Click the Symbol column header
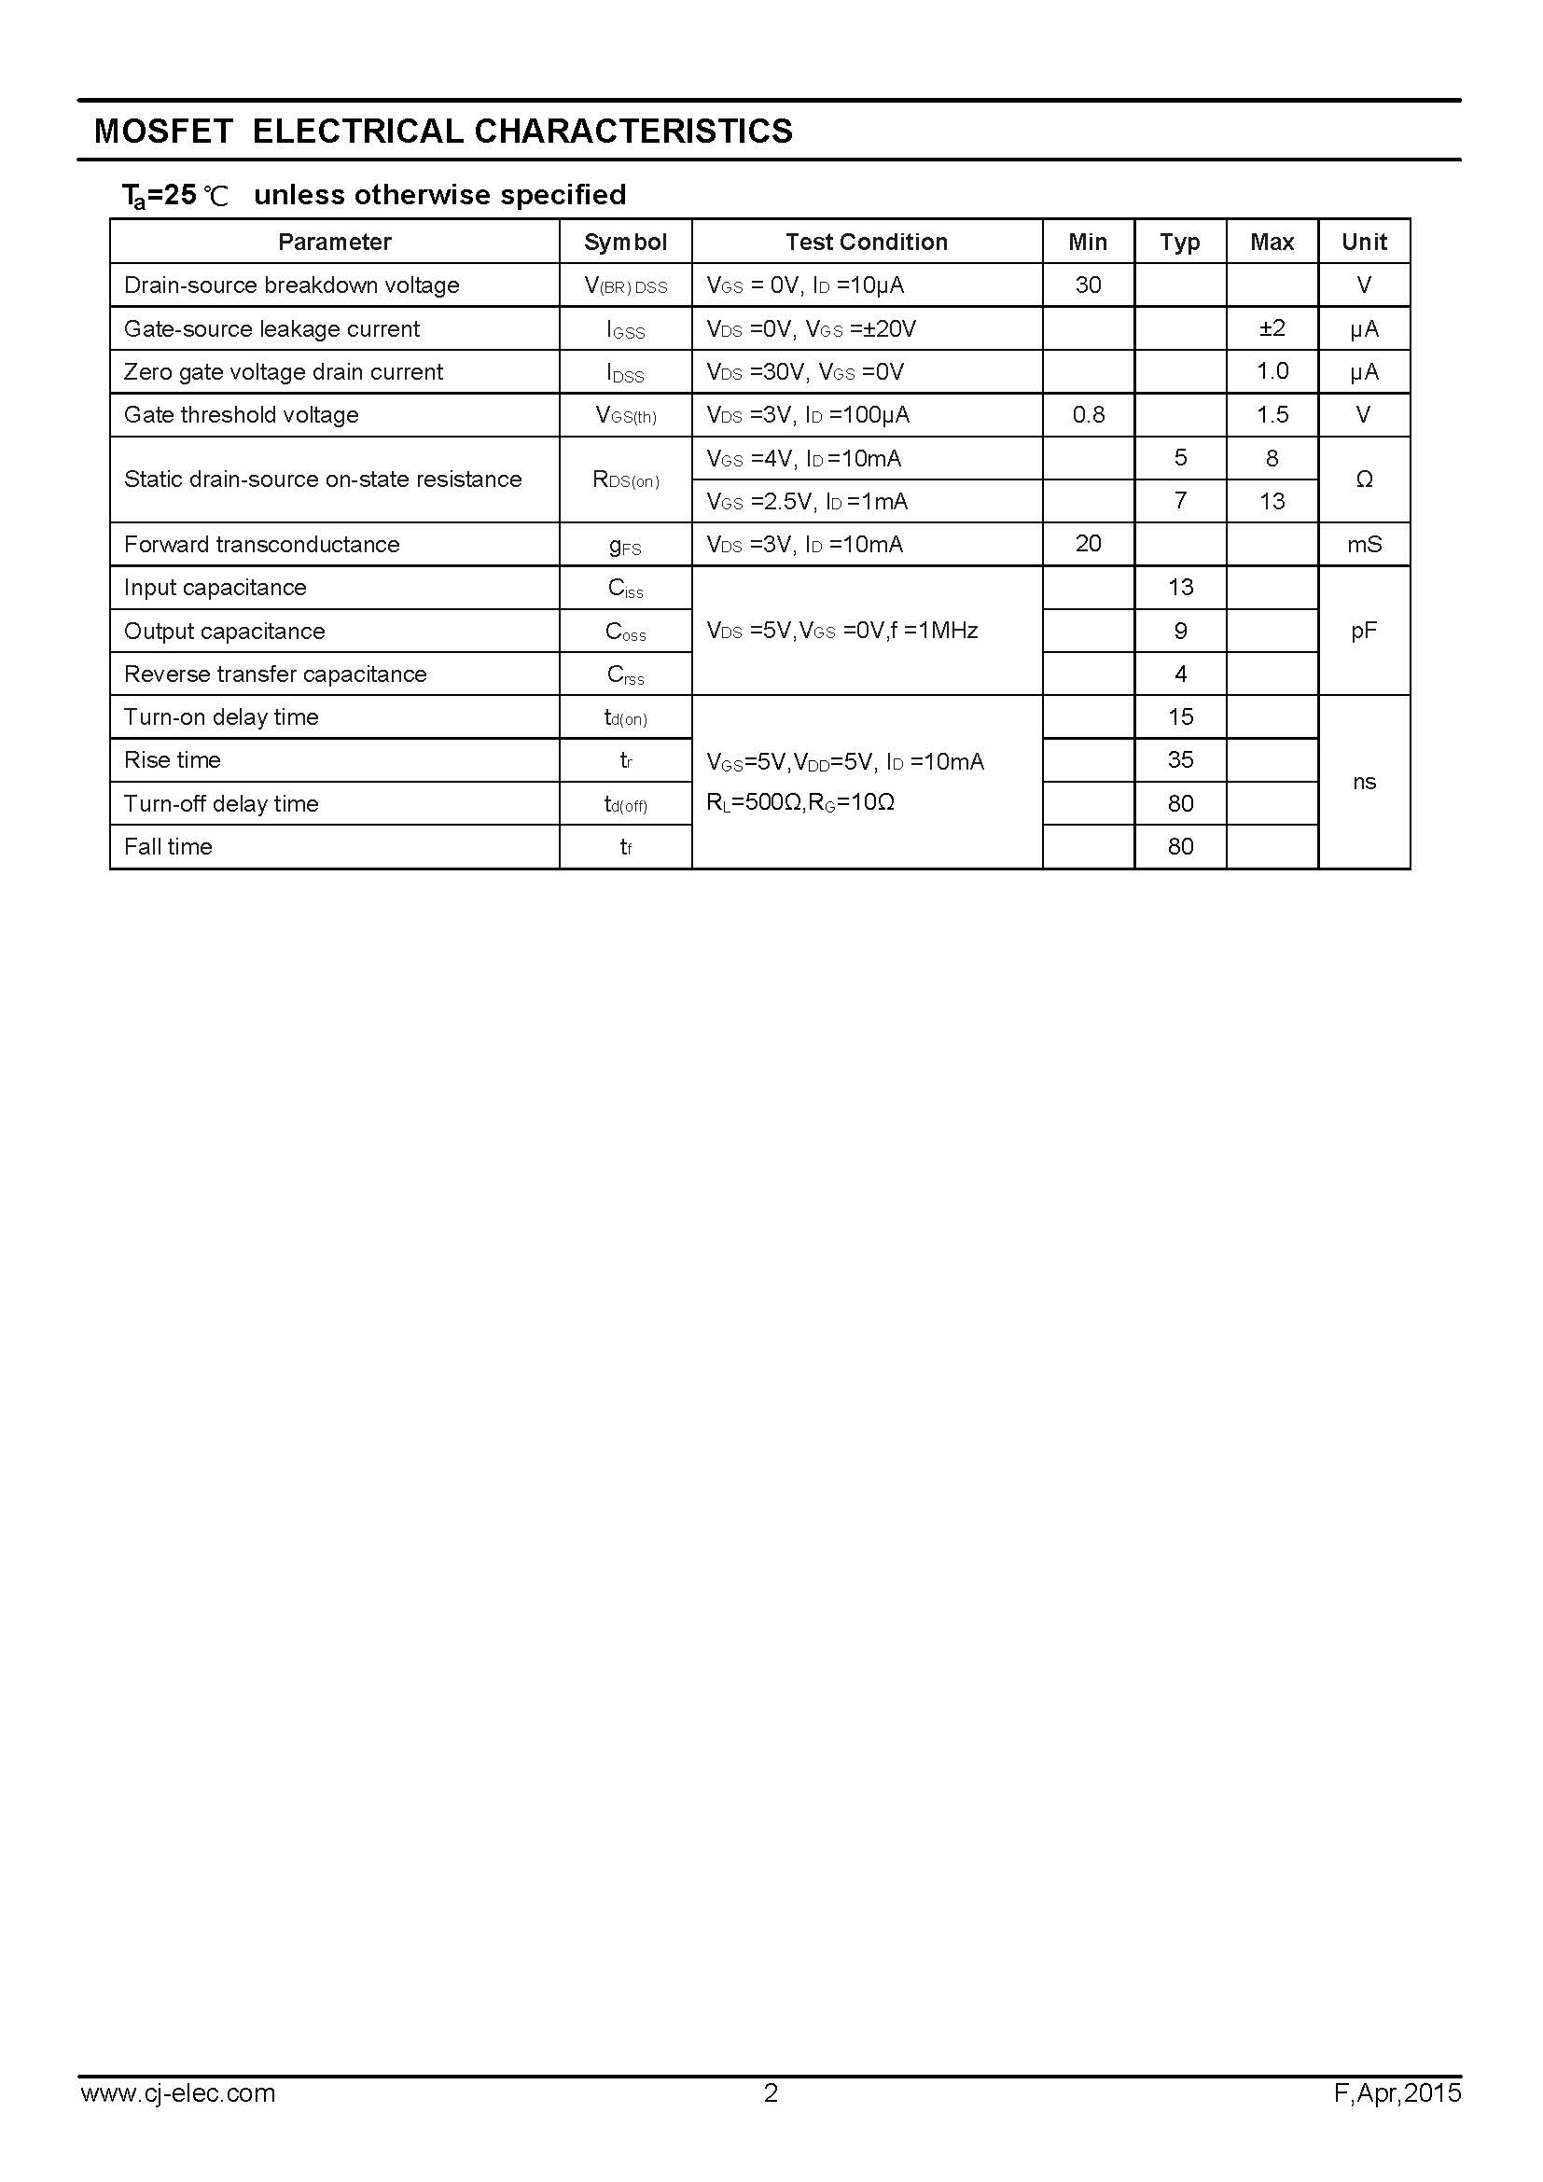click(x=625, y=243)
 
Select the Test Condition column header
click(x=867, y=243)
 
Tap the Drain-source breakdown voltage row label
click(x=292, y=285)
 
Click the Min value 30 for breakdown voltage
click(x=1088, y=285)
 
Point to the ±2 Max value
click(x=1272, y=328)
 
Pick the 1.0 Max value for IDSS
click(x=1272, y=371)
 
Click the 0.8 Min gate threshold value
click(x=1088, y=415)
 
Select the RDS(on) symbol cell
click(x=625, y=479)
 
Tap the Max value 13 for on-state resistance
click(x=1272, y=501)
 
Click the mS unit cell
click(x=1364, y=545)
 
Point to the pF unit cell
click(x=1364, y=631)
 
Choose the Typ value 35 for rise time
click(x=1180, y=760)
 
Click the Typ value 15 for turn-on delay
click(x=1180, y=717)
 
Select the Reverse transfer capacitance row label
click(x=275, y=674)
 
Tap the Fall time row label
click(x=168, y=847)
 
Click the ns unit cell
click(x=1364, y=782)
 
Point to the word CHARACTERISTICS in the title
click(x=632, y=132)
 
